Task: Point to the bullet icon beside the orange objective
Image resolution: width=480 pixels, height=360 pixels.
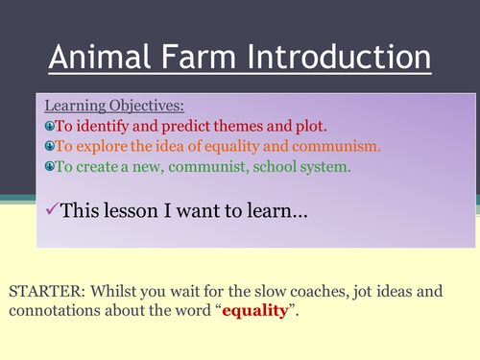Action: tap(49, 147)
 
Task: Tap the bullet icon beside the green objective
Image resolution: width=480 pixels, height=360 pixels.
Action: tap(49, 166)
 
